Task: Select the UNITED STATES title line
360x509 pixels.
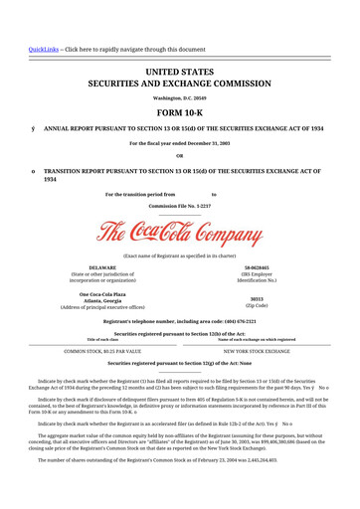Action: click(179, 73)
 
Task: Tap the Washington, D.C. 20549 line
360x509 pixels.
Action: click(179, 97)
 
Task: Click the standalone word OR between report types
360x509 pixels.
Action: click(179, 156)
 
